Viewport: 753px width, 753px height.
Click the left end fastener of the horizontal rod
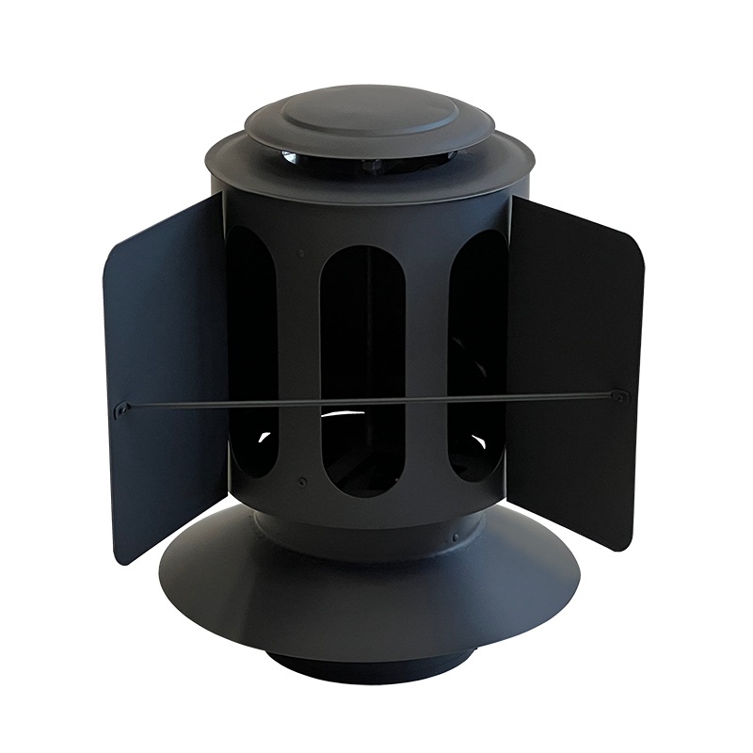[123, 409]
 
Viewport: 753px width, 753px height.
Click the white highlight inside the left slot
[263, 437]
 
